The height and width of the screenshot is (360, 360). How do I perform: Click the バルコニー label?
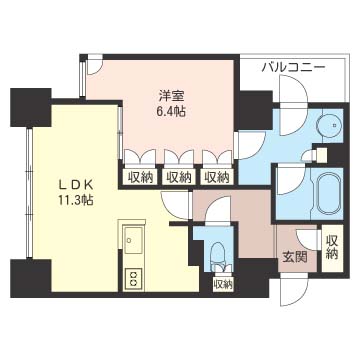[293, 67]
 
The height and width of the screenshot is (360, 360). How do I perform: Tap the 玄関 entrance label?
[292, 257]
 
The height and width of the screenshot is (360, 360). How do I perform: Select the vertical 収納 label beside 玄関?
[331, 244]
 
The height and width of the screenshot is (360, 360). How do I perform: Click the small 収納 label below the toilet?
[222, 284]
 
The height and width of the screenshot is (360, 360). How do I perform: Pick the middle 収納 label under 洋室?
[178, 177]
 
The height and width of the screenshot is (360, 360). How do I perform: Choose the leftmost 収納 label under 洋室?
[140, 177]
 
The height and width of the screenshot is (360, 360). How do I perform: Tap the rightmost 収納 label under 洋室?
[215, 177]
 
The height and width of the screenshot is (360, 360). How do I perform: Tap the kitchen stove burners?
[132, 277]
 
